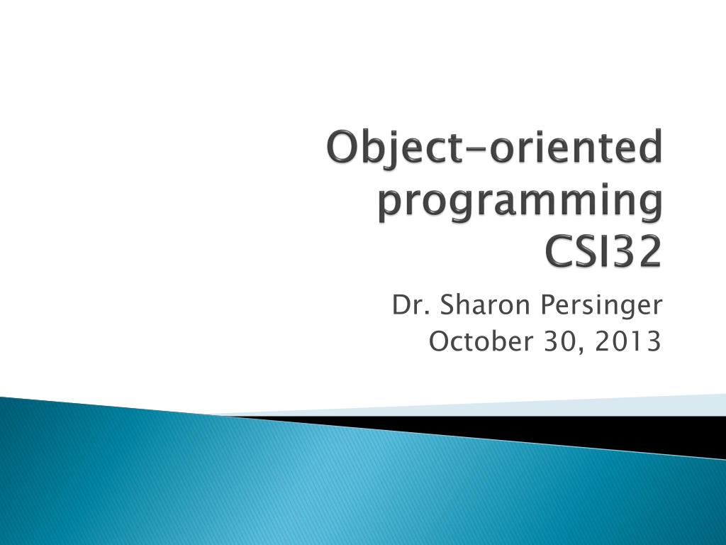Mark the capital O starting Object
(x=342, y=150)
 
